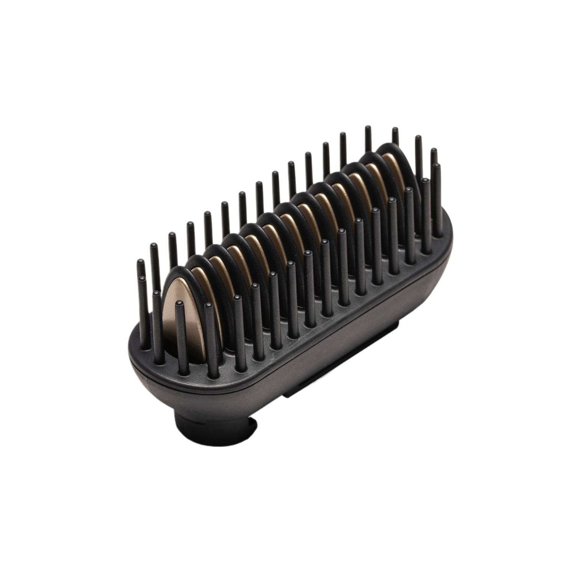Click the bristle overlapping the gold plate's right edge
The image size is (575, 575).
209,330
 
